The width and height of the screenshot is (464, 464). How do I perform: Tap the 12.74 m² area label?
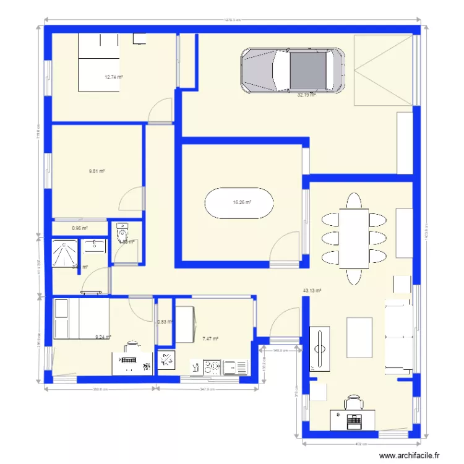point(113,77)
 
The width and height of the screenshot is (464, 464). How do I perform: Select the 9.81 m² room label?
point(97,171)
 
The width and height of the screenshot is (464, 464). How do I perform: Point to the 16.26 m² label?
point(242,202)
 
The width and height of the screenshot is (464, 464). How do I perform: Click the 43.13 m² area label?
point(311,290)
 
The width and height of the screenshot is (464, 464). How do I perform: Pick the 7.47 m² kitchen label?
point(210,338)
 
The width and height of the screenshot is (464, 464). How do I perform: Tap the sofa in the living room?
point(398,337)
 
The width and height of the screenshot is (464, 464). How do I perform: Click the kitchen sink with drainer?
point(236,367)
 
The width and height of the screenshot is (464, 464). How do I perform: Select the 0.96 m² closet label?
point(80,228)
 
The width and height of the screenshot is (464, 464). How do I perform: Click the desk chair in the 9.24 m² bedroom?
point(131,345)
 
